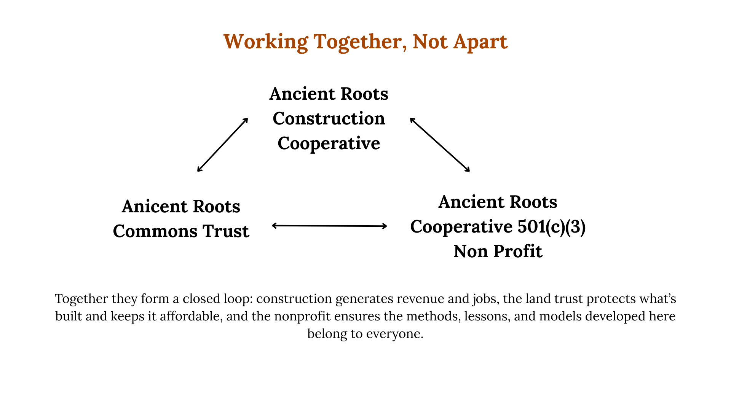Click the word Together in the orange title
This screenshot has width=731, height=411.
pyautogui.click(x=358, y=42)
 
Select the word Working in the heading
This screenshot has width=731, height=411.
pyautogui.click(x=265, y=42)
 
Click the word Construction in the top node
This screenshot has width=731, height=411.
pyautogui.click(x=329, y=119)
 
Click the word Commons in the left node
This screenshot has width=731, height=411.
pyautogui.click(x=155, y=231)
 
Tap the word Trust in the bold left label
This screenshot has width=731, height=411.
pyautogui.click(x=226, y=231)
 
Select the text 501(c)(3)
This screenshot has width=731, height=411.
pyautogui.click(x=551, y=227)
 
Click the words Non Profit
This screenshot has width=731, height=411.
pyautogui.click(x=498, y=252)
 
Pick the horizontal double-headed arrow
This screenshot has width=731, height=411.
pyautogui.click(x=329, y=226)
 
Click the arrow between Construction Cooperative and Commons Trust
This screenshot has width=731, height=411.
pyautogui.click(x=223, y=145)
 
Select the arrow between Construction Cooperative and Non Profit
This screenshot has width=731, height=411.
pyautogui.click(x=440, y=145)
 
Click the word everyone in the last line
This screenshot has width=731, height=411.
pyautogui.click(x=394, y=334)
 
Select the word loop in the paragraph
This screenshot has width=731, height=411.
pyautogui.click(x=239, y=299)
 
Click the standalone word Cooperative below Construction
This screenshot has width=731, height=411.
pyautogui.click(x=329, y=143)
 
